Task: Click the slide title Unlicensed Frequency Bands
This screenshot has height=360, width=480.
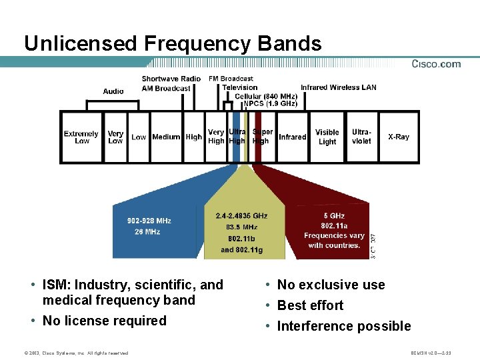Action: [x=173, y=44]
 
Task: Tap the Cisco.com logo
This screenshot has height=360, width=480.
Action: [x=436, y=64]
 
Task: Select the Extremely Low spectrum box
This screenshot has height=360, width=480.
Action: [x=81, y=137]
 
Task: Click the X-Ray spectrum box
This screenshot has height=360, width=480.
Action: [x=399, y=137]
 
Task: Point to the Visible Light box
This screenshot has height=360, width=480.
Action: [x=327, y=137]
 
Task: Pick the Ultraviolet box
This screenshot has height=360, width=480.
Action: [x=361, y=137]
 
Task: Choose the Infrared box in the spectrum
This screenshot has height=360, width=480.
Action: [x=292, y=137]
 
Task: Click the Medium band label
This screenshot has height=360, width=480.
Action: [x=166, y=137]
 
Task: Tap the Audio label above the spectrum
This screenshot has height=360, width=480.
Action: [x=113, y=91]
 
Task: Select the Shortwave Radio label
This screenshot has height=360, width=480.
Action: [x=171, y=79]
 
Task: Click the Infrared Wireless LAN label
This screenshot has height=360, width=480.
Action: [x=339, y=87]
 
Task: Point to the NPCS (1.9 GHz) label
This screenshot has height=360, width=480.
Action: [x=270, y=104]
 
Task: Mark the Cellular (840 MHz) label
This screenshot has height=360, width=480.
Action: [x=266, y=96]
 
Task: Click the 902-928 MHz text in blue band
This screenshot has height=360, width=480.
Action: [x=149, y=221]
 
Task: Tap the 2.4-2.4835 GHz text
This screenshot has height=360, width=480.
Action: [x=241, y=216]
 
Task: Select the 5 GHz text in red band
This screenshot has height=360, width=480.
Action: [x=334, y=215]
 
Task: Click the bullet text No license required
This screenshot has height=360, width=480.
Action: [x=104, y=321]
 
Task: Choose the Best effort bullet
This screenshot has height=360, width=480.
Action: [x=310, y=305]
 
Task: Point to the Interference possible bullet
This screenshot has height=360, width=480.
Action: [x=343, y=326]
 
